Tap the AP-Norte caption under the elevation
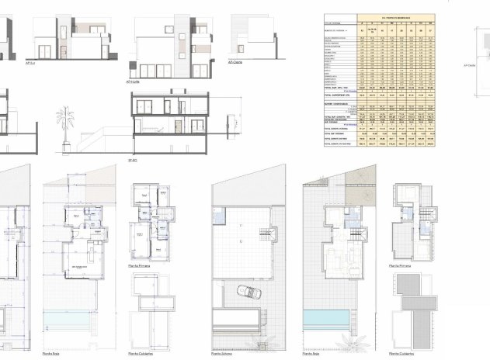tap(133, 81)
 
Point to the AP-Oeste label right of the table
tap(469, 66)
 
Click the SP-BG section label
tap(133, 159)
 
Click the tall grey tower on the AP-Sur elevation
tap(61, 37)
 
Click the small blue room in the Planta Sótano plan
tap(219, 213)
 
